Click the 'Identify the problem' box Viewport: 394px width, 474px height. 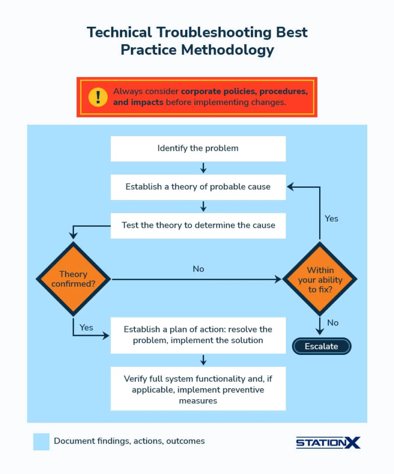pos(198,149)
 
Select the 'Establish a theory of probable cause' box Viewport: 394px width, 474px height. pos(198,187)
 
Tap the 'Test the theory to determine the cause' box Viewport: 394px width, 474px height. pos(198,225)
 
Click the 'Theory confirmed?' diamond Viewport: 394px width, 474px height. pos(73,279)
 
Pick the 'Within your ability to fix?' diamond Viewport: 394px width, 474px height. pos(320,279)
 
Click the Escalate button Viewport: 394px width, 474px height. pos(322,346)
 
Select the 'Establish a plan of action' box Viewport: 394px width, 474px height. pos(198,335)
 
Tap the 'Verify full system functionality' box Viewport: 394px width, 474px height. pos(198,390)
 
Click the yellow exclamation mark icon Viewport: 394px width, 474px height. pos(98,97)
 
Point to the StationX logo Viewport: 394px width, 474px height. pos(328,442)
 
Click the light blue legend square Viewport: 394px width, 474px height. pos(41,442)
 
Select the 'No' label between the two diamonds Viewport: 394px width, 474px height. pos(199,269)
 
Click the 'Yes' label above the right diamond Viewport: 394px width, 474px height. pos(331,219)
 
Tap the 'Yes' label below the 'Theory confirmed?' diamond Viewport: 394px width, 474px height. pos(86,327)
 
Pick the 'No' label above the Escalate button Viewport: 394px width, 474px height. pos(333,323)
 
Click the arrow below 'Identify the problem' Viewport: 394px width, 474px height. pos(203,168)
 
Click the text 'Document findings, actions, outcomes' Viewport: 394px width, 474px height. pos(129,441)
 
